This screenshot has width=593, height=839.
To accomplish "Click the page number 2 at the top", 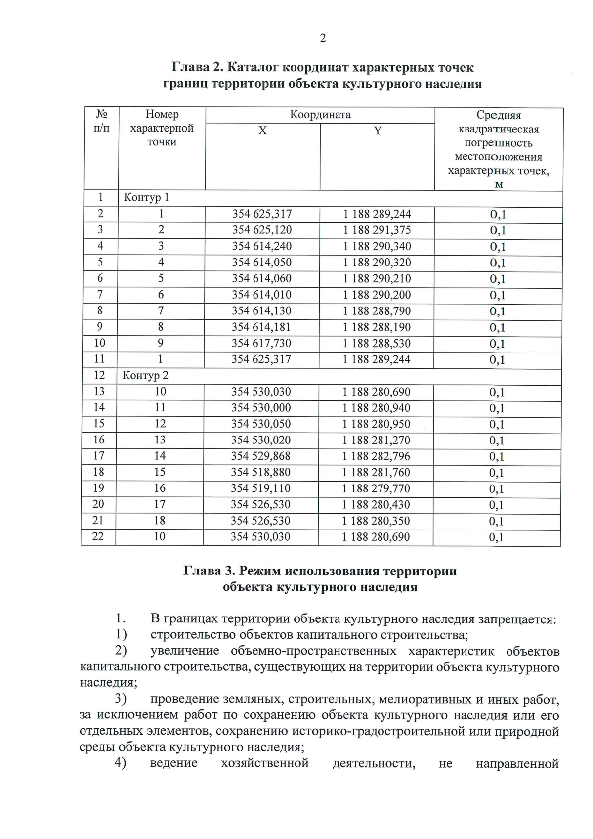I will [323, 38].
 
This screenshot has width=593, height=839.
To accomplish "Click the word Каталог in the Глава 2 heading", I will [256, 67].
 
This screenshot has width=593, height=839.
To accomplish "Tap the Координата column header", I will [320, 115].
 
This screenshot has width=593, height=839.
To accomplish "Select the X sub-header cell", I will [262, 131].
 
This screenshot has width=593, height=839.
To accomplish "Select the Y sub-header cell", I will [378, 131].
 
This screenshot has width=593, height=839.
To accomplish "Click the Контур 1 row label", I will [146, 198].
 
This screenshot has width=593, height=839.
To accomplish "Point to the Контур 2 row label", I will [145, 375].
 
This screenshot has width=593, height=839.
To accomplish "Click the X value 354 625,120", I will [262, 230].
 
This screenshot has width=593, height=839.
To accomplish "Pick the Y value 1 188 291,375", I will [377, 230].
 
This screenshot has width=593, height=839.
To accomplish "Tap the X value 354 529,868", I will [261, 456].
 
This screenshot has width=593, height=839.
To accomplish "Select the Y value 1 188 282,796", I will [376, 456].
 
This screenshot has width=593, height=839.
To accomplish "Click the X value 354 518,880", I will [261, 473].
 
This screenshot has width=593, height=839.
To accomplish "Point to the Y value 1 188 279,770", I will [376, 488].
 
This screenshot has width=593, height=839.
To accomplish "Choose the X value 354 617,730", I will [261, 344].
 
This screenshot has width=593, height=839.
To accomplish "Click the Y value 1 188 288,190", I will [377, 327].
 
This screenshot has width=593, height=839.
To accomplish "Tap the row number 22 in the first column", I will [98, 536].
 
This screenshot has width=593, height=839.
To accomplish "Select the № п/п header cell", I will [101, 122].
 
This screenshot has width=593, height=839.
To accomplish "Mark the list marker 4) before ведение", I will [120, 763].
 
